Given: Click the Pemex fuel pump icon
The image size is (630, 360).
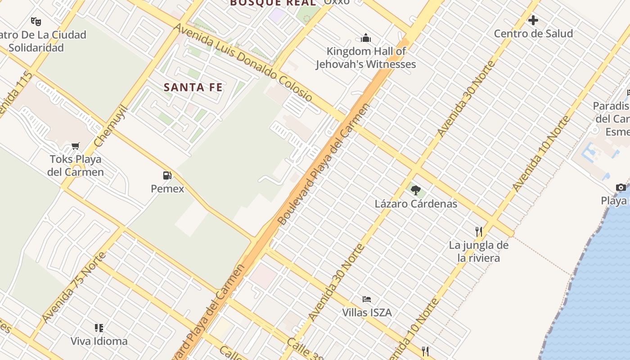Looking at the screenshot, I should (x=167, y=175).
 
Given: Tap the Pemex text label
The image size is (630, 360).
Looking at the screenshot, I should (x=167, y=189).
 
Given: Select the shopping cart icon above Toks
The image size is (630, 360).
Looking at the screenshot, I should (x=76, y=146).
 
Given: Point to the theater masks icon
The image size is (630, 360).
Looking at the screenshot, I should (x=36, y=21).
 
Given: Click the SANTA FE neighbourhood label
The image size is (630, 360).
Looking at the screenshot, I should (x=193, y=87).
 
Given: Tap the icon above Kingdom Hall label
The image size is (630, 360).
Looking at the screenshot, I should (x=366, y=38).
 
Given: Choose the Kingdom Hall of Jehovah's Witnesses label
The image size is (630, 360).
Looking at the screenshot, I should (x=366, y=58).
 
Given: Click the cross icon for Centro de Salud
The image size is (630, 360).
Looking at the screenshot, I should (x=533, y=20).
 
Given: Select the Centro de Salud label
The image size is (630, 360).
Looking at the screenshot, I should (x=533, y=34).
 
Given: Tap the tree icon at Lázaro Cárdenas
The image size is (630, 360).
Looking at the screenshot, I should (x=416, y=190).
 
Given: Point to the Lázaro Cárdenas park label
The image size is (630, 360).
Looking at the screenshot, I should (x=416, y=204).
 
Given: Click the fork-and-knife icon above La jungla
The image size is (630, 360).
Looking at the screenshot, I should (x=479, y=232).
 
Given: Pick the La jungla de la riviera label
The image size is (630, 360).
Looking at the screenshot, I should (x=479, y=252).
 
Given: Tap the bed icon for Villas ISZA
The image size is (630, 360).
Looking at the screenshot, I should (x=367, y=299).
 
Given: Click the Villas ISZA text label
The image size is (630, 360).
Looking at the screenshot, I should (x=367, y=312).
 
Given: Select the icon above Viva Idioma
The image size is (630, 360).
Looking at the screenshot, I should (x=99, y=328).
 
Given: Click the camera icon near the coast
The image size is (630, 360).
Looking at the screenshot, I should (x=621, y=187).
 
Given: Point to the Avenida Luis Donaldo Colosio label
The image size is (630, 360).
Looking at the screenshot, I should (x=243, y=62).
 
